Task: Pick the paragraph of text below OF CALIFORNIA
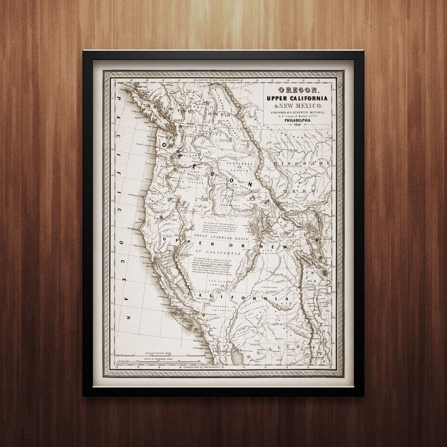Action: coord(211,269)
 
